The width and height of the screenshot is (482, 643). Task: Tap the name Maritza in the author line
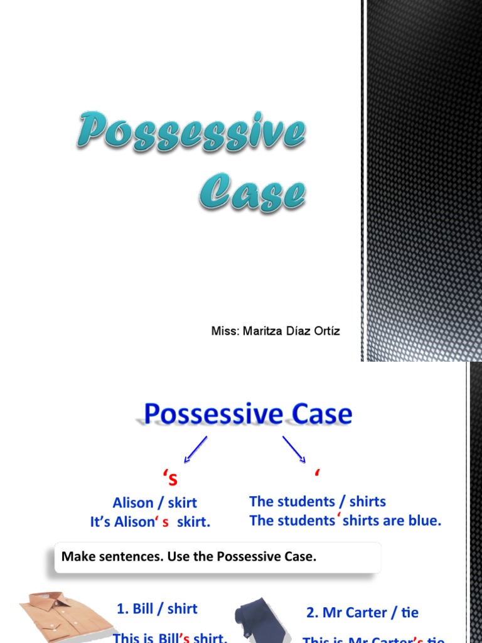pyautogui.click(x=263, y=331)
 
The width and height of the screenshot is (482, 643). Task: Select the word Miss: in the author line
pyautogui.click(x=225, y=331)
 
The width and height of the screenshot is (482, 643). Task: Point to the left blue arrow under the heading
pyautogui.click(x=195, y=450)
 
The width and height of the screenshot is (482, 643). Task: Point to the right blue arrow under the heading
pyautogui.click(x=294, y=450)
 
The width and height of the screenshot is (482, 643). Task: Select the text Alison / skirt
pyautogui.click(x=154, y=502)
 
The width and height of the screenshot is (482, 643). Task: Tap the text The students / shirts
pyautogui.click(x=317, y=501)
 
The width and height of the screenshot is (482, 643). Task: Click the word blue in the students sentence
pyautogui.click(x=425, y=521)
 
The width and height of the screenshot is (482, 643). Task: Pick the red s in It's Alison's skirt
pyautogui.click(x=166, y=522)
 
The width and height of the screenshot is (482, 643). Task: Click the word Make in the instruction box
pyautogui.click(x=76, y=556)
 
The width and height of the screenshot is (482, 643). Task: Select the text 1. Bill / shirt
pyautogui.click(x=157, y=608)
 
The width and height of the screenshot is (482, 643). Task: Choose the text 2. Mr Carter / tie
pyautogui.click(x=362, y=612)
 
